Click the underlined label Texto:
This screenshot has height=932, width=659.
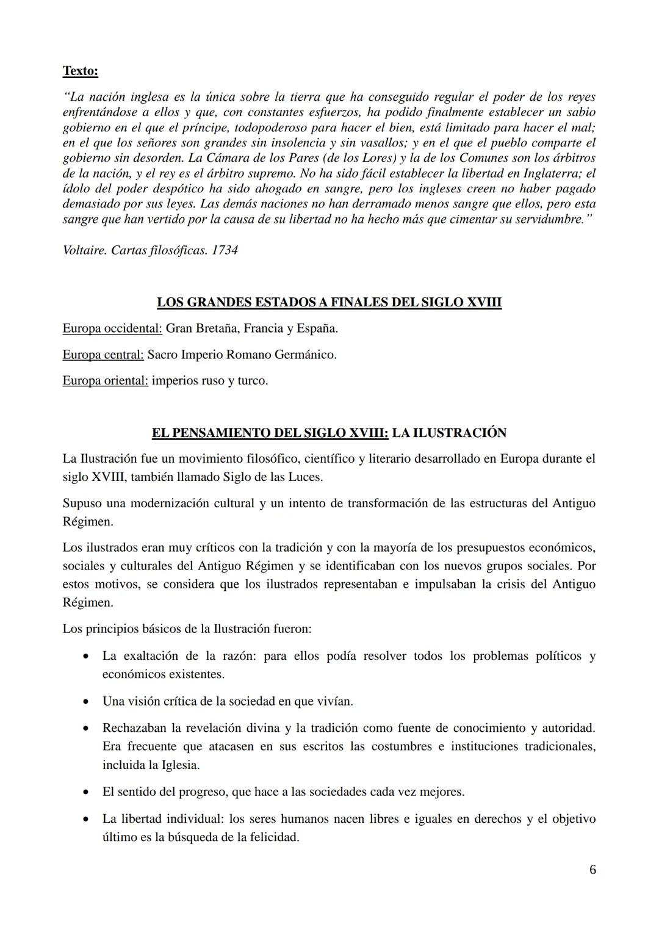[80, 71]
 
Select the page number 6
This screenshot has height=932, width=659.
[592, 870]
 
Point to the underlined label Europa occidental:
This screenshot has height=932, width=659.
[112, 328]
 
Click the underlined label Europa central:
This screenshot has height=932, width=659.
[103, 355]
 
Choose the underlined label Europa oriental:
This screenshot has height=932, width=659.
[105, 381]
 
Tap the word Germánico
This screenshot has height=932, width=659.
[305, 355]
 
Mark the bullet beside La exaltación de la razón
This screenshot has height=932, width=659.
[87, 657]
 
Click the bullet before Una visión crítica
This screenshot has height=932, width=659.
[87, 702]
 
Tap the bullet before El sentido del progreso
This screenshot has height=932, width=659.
[87, 792]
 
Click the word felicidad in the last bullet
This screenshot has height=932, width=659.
[273, 837]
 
